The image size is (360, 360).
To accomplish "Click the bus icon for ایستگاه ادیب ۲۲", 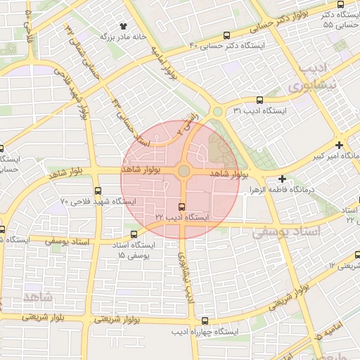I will pyautogui.click(x=182, y=207).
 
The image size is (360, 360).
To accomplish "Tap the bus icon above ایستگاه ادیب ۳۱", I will pyautogui.click(x=260, y=100).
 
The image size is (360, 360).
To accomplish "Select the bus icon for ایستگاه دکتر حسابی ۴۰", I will pyautogui.click(x=226, y=35).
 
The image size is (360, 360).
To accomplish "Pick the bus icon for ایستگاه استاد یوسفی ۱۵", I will pyautogui.click(x=134, y=233).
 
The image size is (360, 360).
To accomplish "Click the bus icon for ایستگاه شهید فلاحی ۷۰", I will pyautogui.click(x=98, y=191).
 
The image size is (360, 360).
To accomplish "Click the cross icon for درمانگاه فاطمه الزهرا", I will pyautogui.click(x=283, y=179).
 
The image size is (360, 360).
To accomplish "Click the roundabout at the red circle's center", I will pyautogui.click(x=184, y=171).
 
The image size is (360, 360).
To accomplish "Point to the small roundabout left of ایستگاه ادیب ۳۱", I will pyautogui.click(x=218, y=111).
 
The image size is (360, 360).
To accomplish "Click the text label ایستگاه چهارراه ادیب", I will pyautogui.click(x=206, y=331).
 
